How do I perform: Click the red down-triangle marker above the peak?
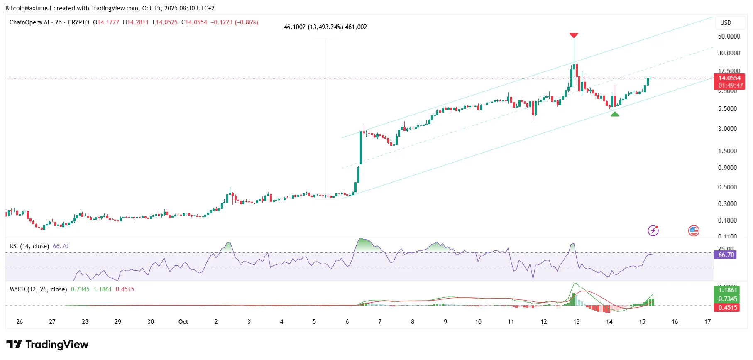point(574,35)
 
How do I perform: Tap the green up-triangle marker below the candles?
point(615,114)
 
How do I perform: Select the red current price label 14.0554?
point(729,78)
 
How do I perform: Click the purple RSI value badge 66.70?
point(726,255)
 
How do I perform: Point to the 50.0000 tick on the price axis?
point(729,37)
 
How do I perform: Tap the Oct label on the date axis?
point(183,322)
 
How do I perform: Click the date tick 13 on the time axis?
point(576,322)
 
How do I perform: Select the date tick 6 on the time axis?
point(347,322)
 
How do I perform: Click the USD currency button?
point(726,23)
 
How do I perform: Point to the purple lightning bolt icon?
point(653,230)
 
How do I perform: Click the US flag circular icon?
point(694,230)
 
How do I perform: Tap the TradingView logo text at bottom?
point(48,345)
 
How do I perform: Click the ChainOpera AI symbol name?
point(29,22)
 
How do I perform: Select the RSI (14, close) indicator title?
point(29,246)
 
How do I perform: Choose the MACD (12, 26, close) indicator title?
point(38,289)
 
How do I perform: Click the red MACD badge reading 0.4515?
point(728,308)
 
